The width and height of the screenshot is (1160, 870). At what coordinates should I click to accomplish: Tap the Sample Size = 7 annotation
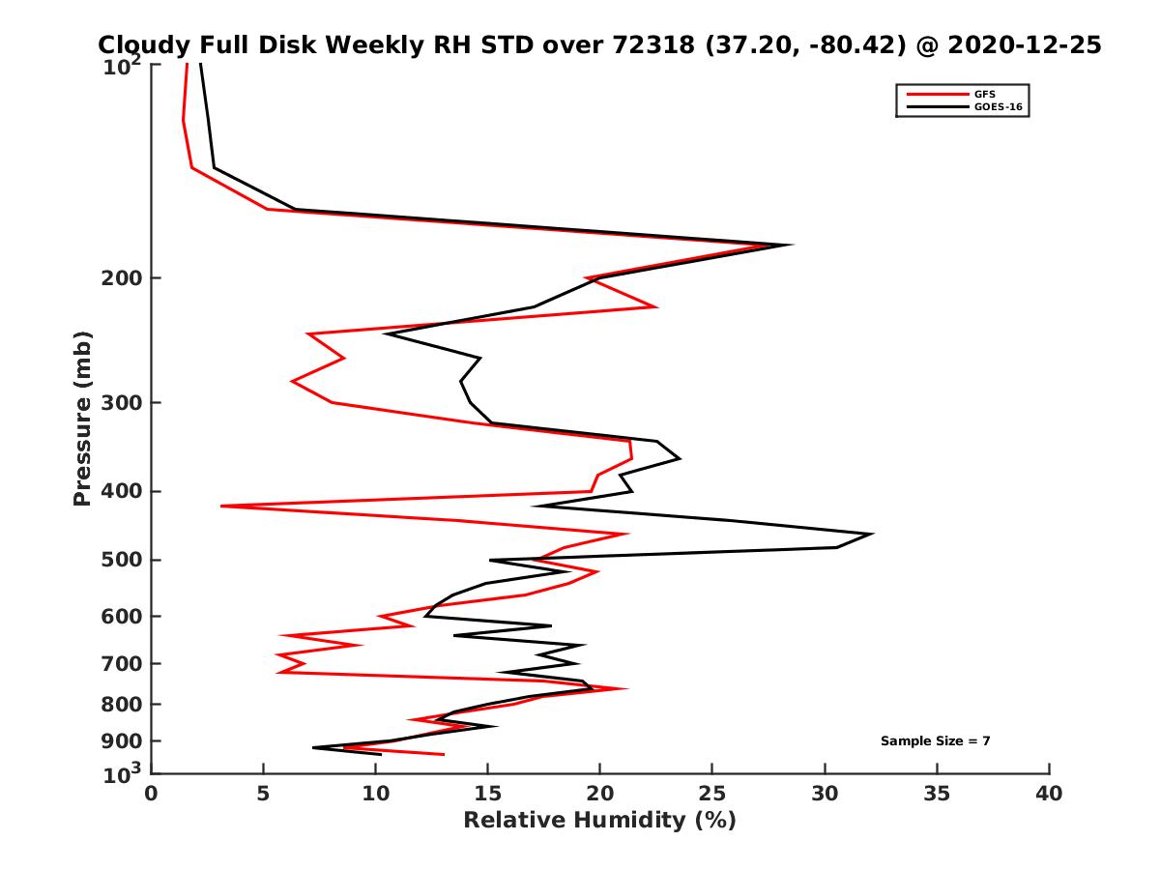point(935,741)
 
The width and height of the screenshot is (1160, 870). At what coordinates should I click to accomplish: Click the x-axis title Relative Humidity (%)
point(599,821)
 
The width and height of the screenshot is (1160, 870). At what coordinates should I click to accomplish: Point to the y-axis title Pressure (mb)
point(83,418)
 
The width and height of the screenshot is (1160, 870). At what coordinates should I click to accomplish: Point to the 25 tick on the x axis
point(712,794)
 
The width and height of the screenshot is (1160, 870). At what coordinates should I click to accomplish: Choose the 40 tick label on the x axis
point(1049,794)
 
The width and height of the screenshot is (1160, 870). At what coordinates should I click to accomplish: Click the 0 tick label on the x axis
point(152,794)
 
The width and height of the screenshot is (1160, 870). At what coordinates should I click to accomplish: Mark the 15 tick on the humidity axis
point(488,794)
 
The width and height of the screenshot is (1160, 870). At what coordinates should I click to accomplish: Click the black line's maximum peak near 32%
point(873,534)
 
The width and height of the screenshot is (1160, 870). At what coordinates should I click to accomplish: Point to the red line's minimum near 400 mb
point(221,506)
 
